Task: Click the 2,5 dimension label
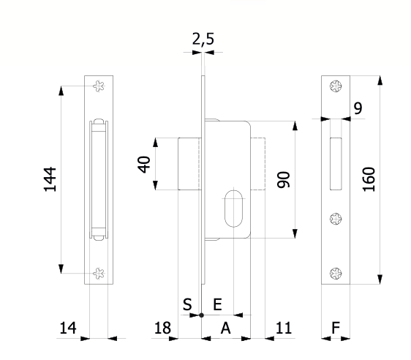point(203,39)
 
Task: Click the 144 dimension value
point(50,179)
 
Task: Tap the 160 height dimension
point(369,179)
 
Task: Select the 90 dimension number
point(283,179)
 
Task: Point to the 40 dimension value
point(144,165)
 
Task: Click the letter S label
point(187,304)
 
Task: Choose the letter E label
point(217,304)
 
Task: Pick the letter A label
point(226,328)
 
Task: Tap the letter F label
point(336,328)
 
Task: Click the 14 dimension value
point(68,328)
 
